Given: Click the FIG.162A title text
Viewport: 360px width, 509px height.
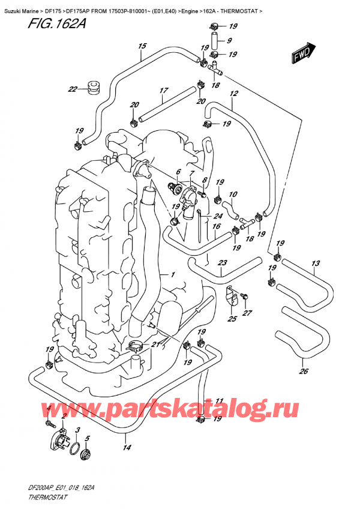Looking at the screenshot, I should [x=37, y=25].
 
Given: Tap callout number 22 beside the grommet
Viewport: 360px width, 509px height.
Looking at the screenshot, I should [x=72, y=90].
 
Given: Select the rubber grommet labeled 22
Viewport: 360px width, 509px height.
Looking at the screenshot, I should [x=92, y=86].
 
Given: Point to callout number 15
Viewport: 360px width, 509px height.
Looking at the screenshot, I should [x=142, y=46].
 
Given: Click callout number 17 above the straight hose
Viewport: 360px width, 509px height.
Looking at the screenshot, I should [x=162, y=91].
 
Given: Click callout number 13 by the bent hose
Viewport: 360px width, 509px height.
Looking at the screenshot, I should [x=316, y=264].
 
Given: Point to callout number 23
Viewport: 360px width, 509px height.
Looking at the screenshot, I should [x=222, y=263].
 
